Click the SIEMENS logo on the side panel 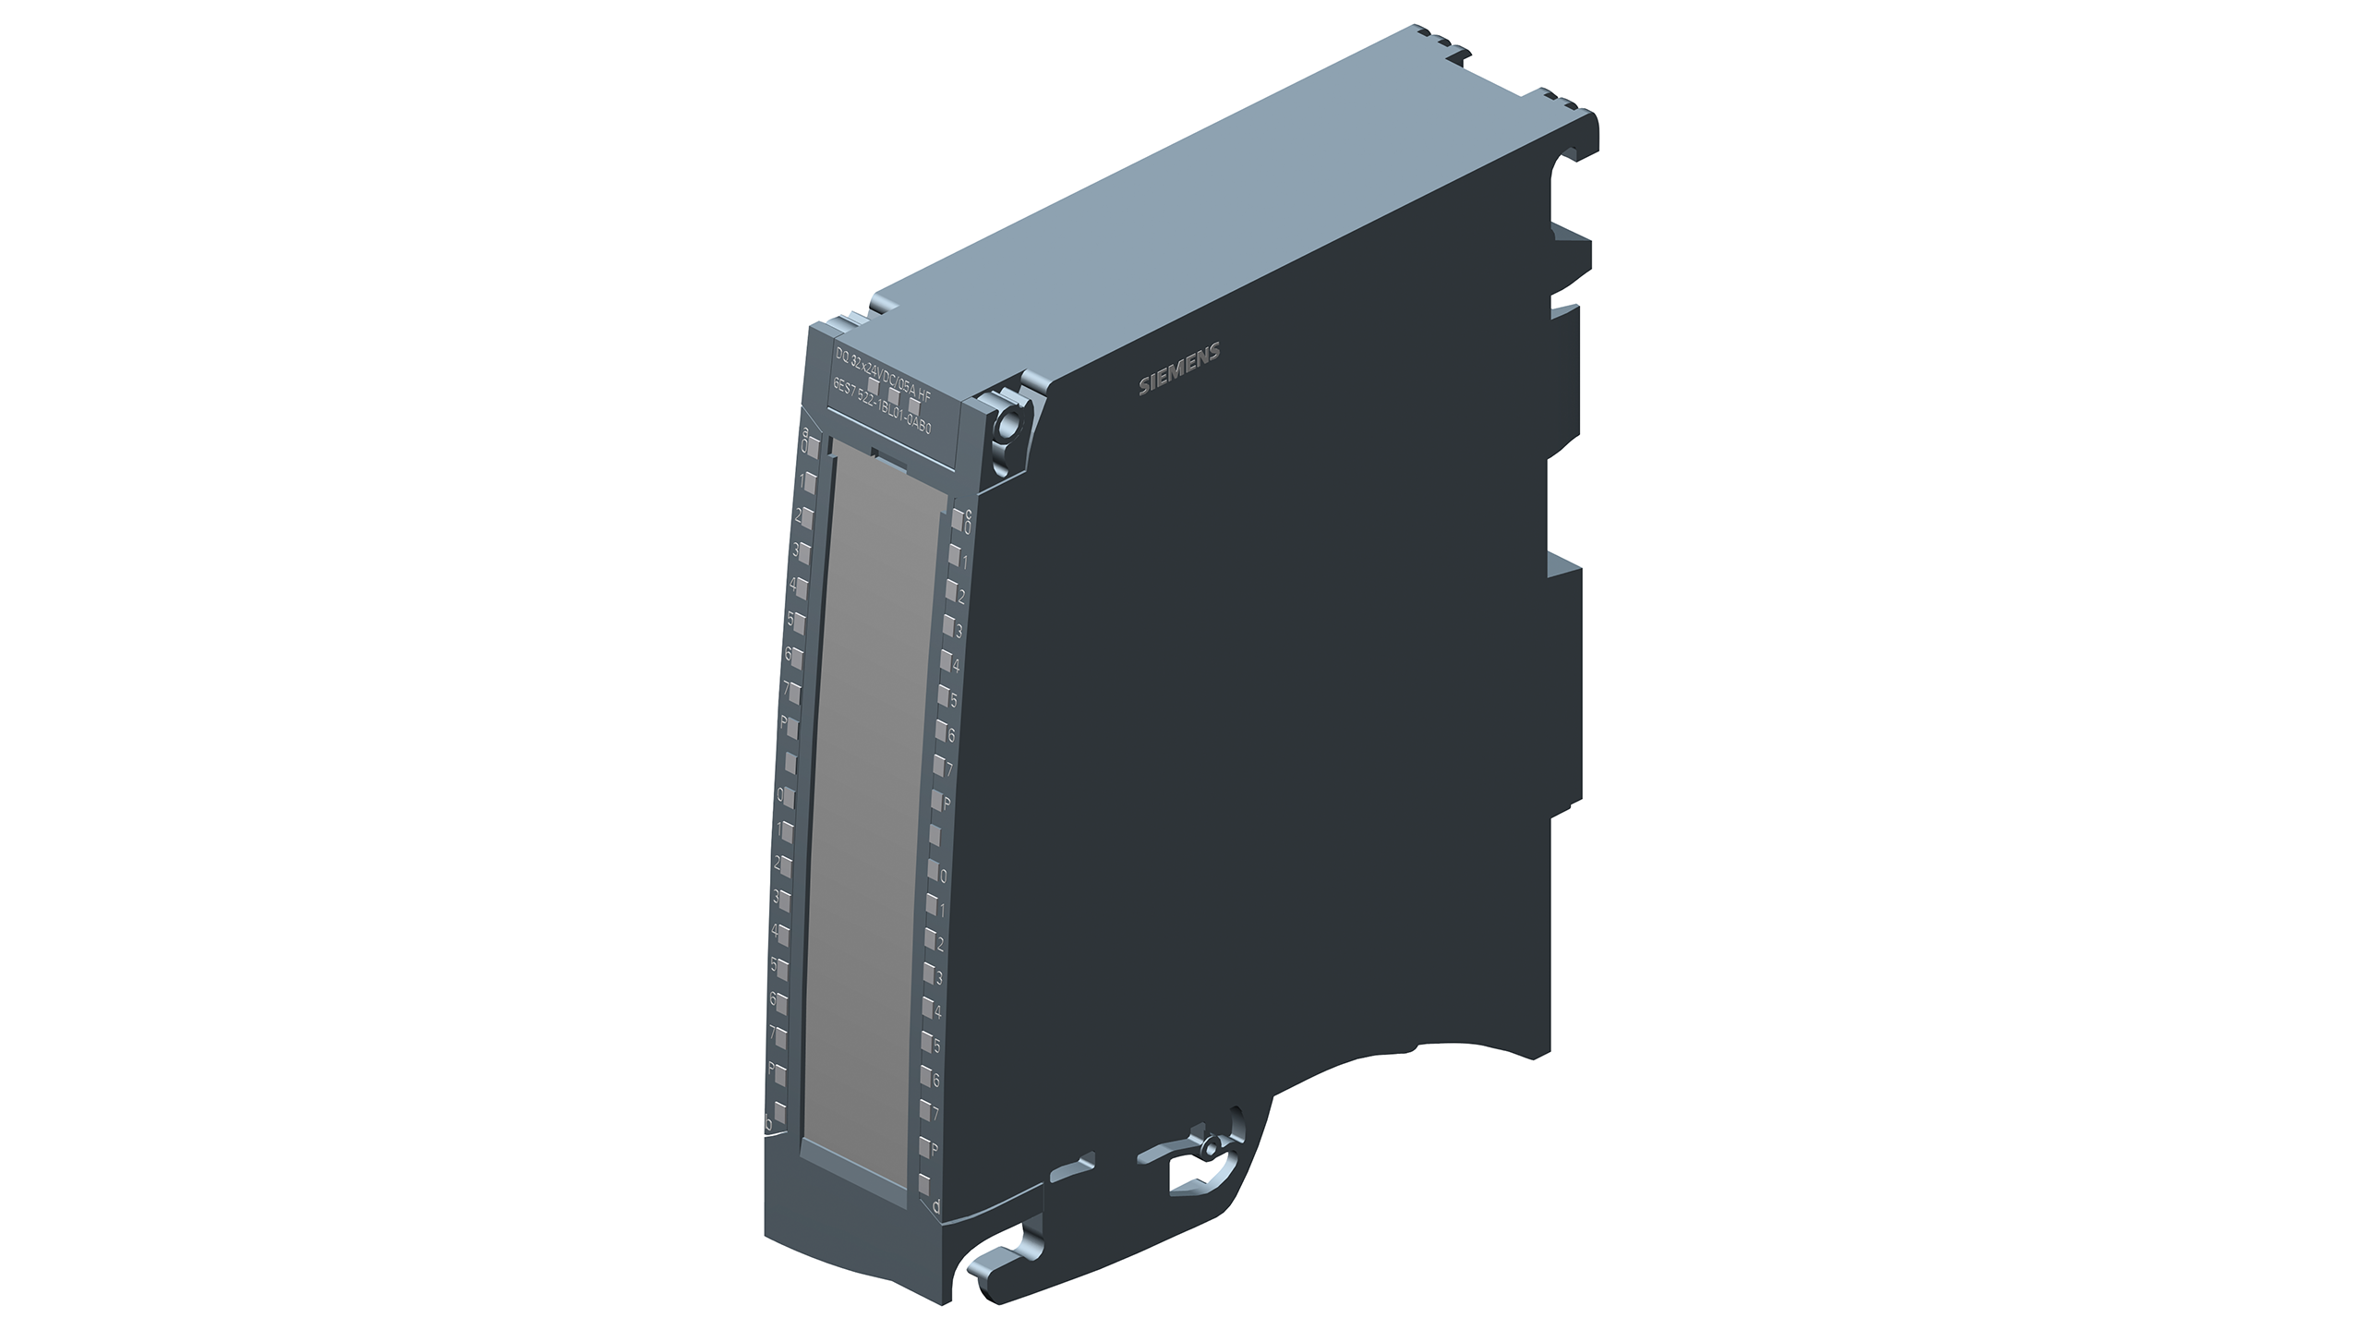coord(1179,369)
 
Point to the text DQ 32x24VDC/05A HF coord(883,376)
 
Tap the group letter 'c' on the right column coord(968,514)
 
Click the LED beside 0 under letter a coord(814,448)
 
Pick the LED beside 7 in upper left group coord(795,691)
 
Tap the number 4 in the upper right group coord(956,665)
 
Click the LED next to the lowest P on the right coord(923,1148)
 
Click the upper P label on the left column coord(784,721)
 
